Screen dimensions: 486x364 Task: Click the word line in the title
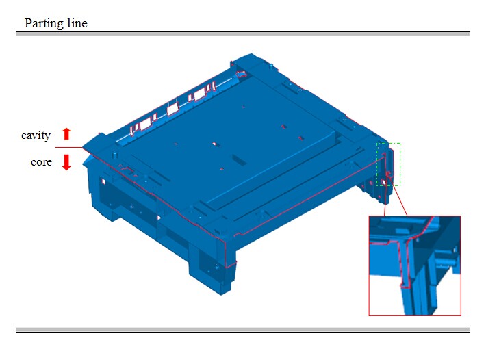[x=77, y=23]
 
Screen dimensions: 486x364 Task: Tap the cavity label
[x=36, y=135]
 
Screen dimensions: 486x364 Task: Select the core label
[x=41, y=162]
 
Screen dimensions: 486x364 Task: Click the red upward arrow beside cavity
[x=66, y=134]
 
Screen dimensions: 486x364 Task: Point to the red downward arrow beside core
[x=66, y=162]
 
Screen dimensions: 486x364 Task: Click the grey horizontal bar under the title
[x=243, y=34]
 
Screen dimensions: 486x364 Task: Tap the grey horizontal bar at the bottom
[x=243, y=330]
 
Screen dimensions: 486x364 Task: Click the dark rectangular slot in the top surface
[x=240, y=160]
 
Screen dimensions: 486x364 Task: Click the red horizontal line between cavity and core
[x=69, y=148]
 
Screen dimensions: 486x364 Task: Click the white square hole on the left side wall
[x=103, y=181]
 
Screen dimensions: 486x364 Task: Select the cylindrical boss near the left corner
[x=115, y=154]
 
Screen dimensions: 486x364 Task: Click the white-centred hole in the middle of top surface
[x=214, y=144]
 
